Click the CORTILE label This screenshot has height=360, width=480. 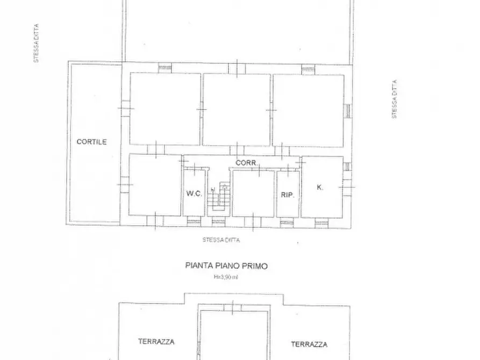91,142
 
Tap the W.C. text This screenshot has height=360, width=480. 194,194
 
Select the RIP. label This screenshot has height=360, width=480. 287,195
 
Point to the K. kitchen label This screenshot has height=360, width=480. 320,188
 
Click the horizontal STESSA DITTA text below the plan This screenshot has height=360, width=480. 221,240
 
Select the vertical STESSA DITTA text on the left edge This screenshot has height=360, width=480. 37,43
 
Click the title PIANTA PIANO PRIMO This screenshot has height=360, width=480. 226,265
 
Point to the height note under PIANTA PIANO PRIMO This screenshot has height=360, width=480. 226,277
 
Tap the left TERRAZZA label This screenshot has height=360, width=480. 156,341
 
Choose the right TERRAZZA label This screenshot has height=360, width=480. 309,344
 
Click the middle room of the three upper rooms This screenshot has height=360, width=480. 237,109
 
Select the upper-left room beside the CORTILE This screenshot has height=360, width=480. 165,109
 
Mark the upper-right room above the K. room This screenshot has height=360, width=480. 308,110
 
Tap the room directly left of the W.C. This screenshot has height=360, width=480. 155,185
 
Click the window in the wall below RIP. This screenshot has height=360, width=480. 287,221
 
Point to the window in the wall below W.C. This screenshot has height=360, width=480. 194,220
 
